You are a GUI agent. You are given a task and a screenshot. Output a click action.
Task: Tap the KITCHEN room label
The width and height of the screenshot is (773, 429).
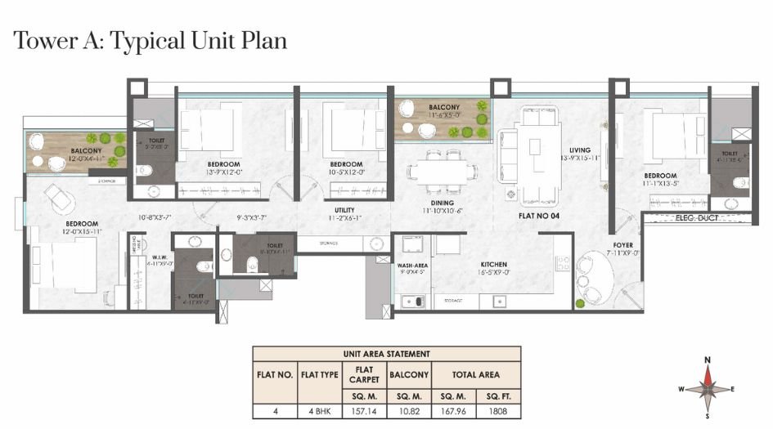(494, 265)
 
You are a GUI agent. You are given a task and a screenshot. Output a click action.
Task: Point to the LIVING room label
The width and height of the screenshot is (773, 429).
(580, 150)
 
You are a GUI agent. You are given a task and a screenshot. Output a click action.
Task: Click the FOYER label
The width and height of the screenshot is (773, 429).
(623, 244)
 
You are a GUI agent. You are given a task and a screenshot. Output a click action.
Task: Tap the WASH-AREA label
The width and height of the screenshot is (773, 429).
(411, 266)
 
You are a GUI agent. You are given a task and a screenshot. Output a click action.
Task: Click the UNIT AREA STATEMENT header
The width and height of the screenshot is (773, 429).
(386, 353)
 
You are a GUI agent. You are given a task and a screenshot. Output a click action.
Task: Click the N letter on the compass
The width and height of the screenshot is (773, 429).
(708, 360)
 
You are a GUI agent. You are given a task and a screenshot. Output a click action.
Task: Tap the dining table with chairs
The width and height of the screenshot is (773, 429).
(443, 170)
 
